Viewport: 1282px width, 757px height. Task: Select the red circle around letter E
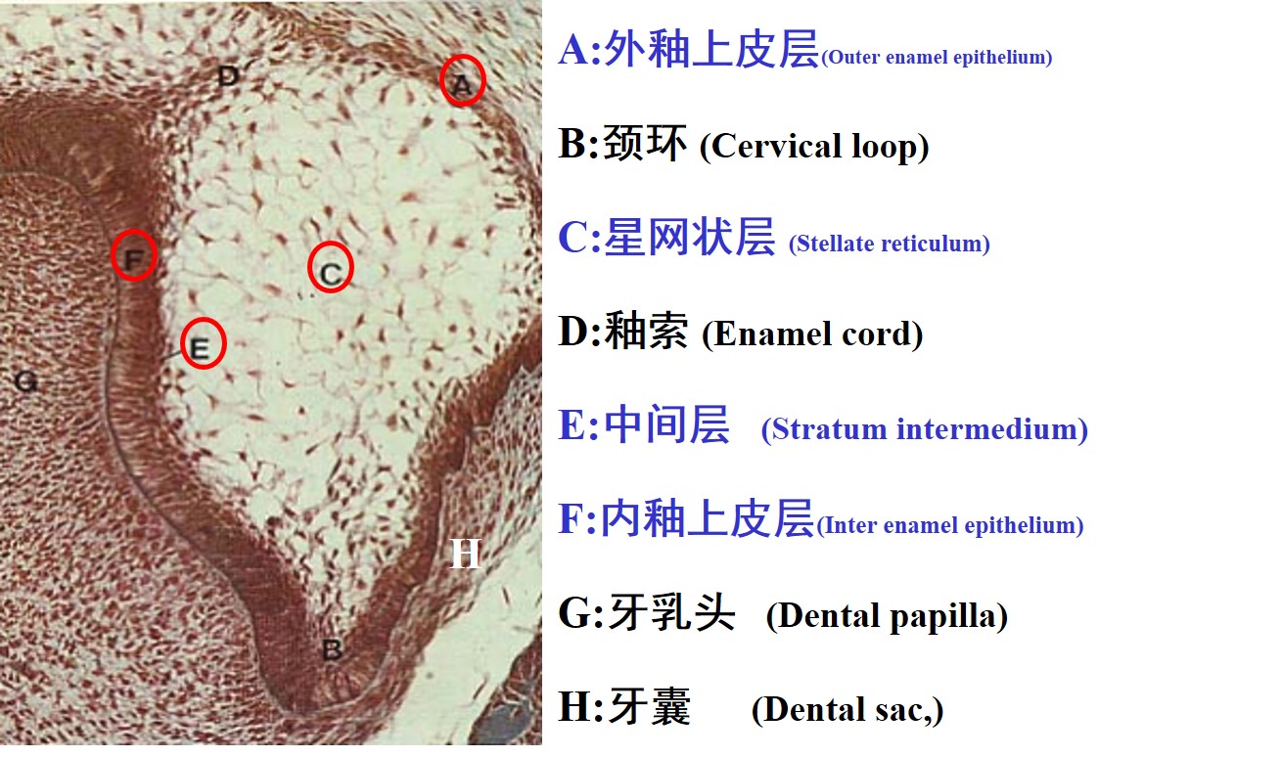click(x=204, y=343)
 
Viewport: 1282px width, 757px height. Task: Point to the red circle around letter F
click(x=134, y=255)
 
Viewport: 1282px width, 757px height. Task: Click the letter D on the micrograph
click(x=228, y=74)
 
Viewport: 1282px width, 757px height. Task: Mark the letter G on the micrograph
click(x=26, y=381)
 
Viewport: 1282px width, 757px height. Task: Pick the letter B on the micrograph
click(x=332, y=648)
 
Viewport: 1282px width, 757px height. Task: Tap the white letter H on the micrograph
click(x=465, y=555)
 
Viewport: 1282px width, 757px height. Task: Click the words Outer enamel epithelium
click(x=937, y=57)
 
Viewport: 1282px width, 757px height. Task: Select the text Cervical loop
click(x=814, y=147)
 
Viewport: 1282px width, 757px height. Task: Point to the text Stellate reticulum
click(x=889, y=244)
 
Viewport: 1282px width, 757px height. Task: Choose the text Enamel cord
click(x=812, y=334)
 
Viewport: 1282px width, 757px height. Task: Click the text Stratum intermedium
click(x=924, y=429)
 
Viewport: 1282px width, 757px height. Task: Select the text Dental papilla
click(x=887, y=617)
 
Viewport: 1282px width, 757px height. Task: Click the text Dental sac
click(x=847, y=710)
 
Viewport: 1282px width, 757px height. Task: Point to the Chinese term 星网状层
click(x=689, y=238)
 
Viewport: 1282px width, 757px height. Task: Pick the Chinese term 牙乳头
click(x=671, y=615)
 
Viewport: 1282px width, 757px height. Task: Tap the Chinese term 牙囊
click(x=650, y=707)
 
